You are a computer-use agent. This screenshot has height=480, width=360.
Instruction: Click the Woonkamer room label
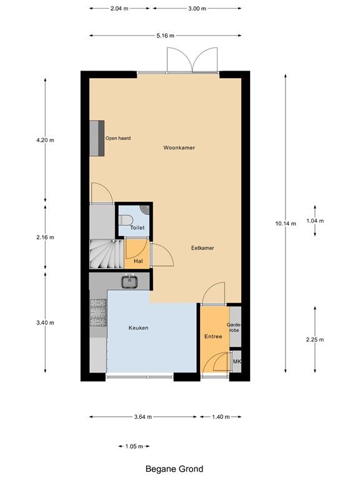(x=179, y=148)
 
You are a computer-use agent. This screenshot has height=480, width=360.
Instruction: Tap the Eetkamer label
(x=202, y=248)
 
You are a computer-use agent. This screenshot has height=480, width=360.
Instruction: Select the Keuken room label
(x=138, y=328)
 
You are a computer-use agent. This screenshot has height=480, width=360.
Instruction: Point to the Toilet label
(x=137, y=228)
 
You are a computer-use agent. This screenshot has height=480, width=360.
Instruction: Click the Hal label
(x=138, y=261)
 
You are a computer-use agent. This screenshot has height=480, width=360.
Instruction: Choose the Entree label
(x=213, y=337)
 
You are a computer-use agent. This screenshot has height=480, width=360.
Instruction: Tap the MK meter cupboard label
(x=236, y=362)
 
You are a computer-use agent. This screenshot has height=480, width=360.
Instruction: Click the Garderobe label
(x=234, y=327)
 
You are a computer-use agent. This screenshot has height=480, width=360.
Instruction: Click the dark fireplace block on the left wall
(x=96, y=138)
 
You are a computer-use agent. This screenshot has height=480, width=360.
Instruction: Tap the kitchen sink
(x=130, y=282)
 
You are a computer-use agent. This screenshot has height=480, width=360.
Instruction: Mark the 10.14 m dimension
(x=285, y=224)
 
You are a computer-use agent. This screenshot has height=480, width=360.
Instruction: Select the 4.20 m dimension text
(x=46, y=141)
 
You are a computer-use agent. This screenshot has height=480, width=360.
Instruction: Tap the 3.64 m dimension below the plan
(x=143, y=417)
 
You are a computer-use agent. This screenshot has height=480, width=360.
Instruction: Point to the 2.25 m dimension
(x=314, y=339)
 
